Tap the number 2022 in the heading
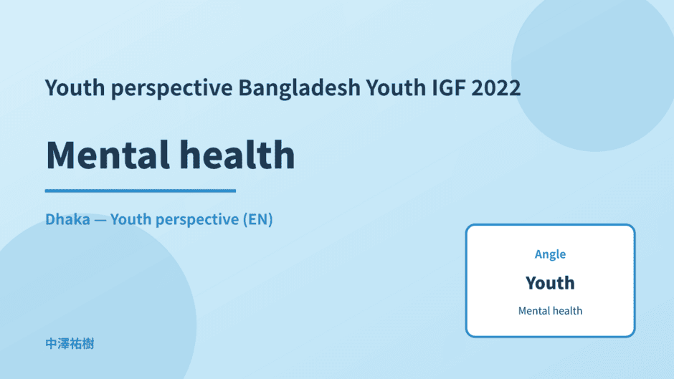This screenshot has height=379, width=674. pyautogui.click(x=496, y=87)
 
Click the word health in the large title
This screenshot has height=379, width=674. pyautogui.click(x=237, y=154)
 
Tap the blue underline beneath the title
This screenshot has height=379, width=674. pyautogui.click(x=141, y=191)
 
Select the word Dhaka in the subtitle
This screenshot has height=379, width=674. pyautogui.click(x=68, y=219)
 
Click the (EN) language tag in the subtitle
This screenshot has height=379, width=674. pyautogui.click(x=258, y=219)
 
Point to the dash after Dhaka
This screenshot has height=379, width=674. pyautogui.click(x=100, y=220)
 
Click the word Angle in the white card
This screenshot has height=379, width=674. pyautogui.click(x=550, y=254)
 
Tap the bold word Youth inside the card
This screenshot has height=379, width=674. pyautogui.click(x=550, y=283)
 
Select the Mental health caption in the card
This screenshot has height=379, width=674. pyautogui.click(x=550, y=311)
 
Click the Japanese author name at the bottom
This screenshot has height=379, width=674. pyautogui.click(x=70, y=344)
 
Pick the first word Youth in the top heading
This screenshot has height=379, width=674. pyautogui.click(x=75, y=87)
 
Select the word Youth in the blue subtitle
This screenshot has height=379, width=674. pyautogui.click(x=130, y=219)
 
